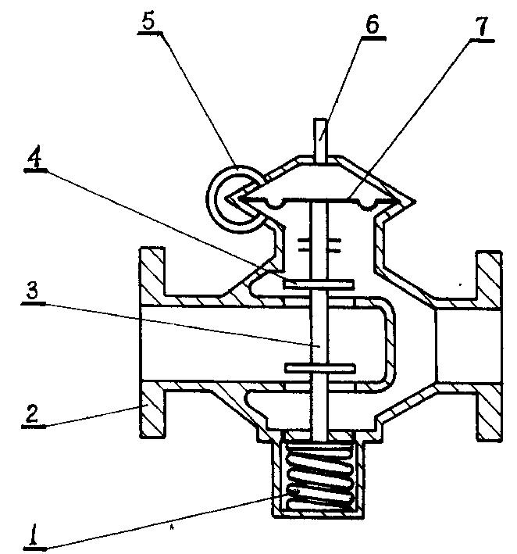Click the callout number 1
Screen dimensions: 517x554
tap(34, 534)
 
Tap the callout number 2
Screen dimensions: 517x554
tap(32, 413)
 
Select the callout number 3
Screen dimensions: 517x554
tap(32, 291)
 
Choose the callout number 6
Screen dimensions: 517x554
tap(373, 24)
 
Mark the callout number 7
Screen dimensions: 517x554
tap(482, 27)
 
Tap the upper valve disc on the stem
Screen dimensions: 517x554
tap(319, 284)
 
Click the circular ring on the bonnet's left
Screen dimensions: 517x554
tap(234, 198)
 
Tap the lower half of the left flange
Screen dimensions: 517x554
tap(152, 410)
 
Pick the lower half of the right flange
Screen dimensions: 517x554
tap(490, 412)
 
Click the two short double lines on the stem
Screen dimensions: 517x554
tap(319, 245)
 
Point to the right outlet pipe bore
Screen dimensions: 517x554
tap(469, 346)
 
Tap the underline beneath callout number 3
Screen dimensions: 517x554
tap(34, 303)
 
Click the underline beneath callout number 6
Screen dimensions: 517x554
tap(373, 37)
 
